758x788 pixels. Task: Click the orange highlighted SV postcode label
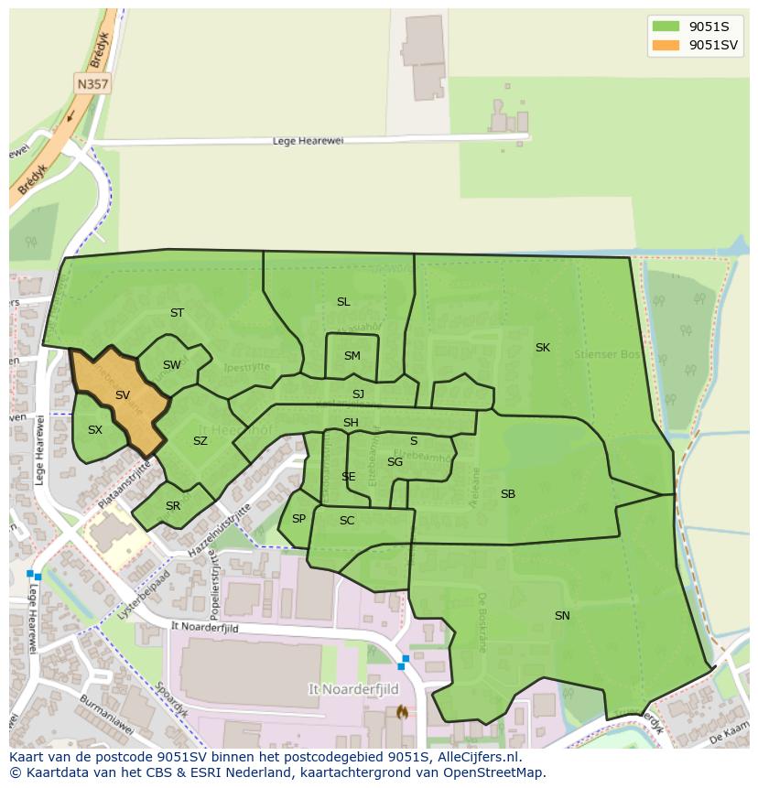tap(123, 395)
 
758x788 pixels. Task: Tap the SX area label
tap(95, 429)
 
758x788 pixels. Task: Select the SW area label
tap(172, 365)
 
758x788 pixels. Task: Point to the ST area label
tap(177, 313)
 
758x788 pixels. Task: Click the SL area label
tap(343, 302)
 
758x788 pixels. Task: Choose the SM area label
tap(352, 356)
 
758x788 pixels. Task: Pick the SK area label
tap(543, 348)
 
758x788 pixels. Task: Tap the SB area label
tap(508, 494)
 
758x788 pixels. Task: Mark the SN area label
tap(562, 616)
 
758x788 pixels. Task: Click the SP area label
tap(298, 519)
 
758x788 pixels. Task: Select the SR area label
tap(173, 506)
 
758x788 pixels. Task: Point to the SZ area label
tap(200, 441)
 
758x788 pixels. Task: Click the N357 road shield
tap(92, 84)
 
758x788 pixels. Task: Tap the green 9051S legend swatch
tap(666, 27)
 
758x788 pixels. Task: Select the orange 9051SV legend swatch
tap(666, 45)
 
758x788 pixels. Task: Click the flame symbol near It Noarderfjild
tap(400, 711)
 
